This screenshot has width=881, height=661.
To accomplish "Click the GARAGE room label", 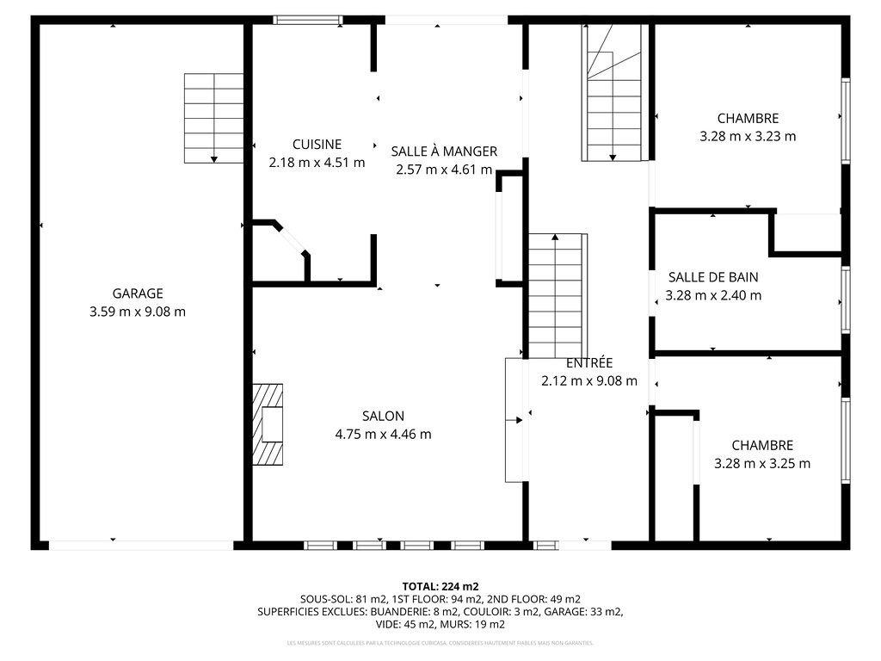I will click(137, 293).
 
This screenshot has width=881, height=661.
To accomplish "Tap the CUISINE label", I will click(317, 145).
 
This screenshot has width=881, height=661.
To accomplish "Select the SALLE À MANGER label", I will click(444, 151).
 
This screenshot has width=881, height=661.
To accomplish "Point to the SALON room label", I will click(383, 416).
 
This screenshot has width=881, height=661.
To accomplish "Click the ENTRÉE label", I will click(589, 363).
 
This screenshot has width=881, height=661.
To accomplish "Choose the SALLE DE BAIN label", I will click(713, 277).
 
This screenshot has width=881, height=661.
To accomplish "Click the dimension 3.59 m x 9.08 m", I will click(137, 312).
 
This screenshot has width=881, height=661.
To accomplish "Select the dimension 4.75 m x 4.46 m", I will click(383, 434).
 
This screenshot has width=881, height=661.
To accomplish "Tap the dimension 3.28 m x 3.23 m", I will click(748, 136).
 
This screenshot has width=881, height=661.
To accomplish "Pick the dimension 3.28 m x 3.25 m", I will click(762, 463).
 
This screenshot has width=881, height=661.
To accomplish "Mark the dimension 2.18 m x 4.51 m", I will click(317, 162).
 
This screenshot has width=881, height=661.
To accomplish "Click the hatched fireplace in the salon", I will click(267, 424).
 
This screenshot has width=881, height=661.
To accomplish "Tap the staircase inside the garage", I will click(213, 118).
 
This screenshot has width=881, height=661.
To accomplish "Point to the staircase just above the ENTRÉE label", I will click(556, 294).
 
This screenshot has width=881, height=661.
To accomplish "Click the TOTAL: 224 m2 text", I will click(440, 586).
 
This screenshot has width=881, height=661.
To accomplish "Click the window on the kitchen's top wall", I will click(307, 20).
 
